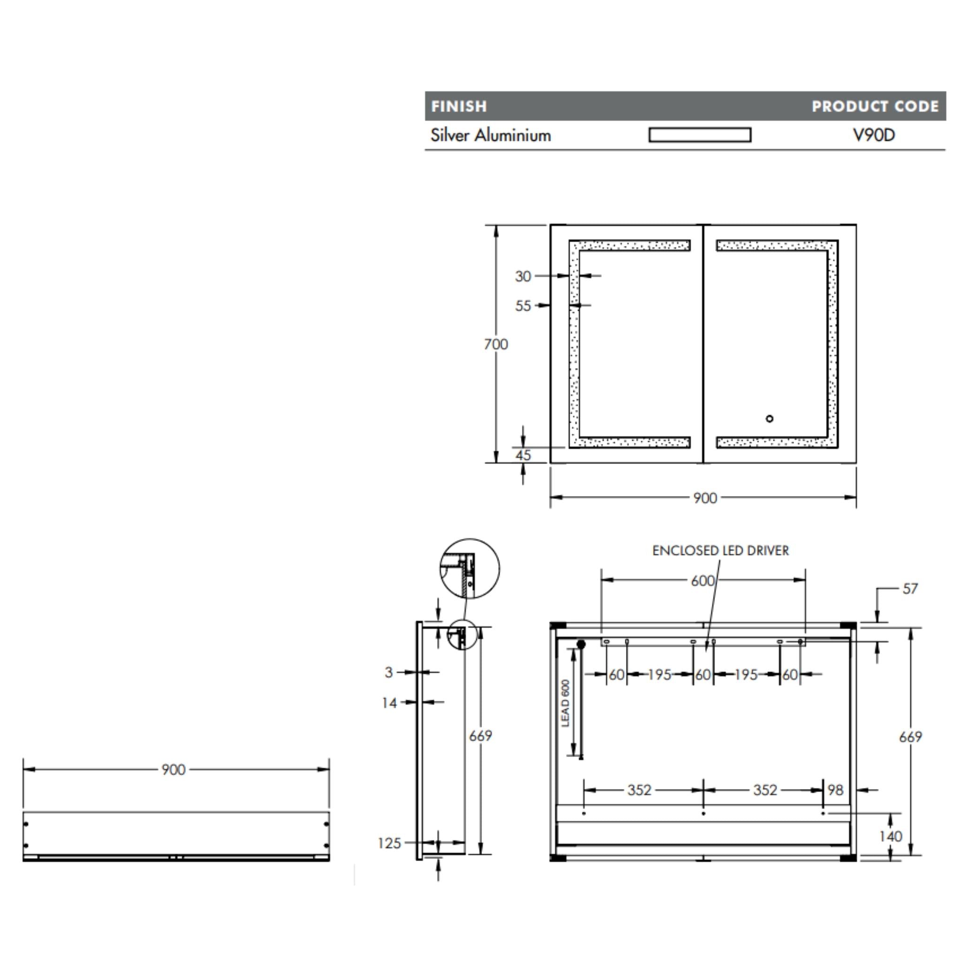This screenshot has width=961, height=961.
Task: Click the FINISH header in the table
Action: [458, 107]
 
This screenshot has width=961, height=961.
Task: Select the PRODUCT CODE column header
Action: [875, 107]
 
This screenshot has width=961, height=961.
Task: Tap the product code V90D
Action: [873, 135]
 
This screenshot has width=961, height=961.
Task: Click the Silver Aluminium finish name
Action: [490, 135]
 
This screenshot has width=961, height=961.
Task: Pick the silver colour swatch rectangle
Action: [699, 135]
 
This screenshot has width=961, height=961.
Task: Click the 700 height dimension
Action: [496, 344]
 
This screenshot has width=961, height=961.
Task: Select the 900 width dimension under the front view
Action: [705, 498]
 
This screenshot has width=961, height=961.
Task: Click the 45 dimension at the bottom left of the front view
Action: [522, 455]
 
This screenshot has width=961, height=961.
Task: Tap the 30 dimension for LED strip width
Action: [523, 276]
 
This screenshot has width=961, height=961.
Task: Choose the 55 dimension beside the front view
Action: [523, 305]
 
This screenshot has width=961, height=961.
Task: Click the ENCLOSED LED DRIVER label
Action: [720, 550]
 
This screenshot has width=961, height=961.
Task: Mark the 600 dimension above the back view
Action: [702, 580]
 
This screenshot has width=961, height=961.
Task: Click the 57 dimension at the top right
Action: [910, 589]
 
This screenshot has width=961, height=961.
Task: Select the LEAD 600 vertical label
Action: [565, 703]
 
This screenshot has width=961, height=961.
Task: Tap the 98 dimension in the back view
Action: [835, 790]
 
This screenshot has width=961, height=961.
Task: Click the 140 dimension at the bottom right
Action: [890, 836]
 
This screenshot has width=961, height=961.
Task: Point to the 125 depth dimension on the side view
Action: [389, 843]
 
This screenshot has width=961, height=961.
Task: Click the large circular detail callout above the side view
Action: [470, 569]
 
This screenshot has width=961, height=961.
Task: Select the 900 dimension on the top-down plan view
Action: [173, 770]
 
